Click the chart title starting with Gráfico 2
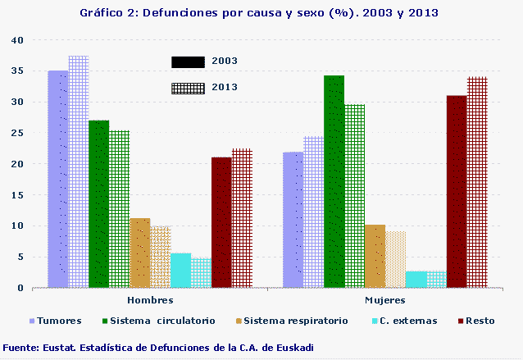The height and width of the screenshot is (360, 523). (x=259, y=13)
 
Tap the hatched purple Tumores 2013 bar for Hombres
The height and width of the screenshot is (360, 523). (x=79, y=172)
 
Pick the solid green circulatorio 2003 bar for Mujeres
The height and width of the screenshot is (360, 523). (x=334, y=181)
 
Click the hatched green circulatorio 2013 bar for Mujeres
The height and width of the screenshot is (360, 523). (x=354, y=196)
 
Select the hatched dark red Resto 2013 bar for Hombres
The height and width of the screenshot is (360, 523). (x=242, y=218)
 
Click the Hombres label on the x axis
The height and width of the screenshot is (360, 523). (x=150, y=301)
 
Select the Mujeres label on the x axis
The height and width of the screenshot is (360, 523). (x=385, y=301)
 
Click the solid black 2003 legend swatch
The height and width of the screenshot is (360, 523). (x=188, y=62)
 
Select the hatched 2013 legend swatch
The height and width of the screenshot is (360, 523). (x=188, y=88)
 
